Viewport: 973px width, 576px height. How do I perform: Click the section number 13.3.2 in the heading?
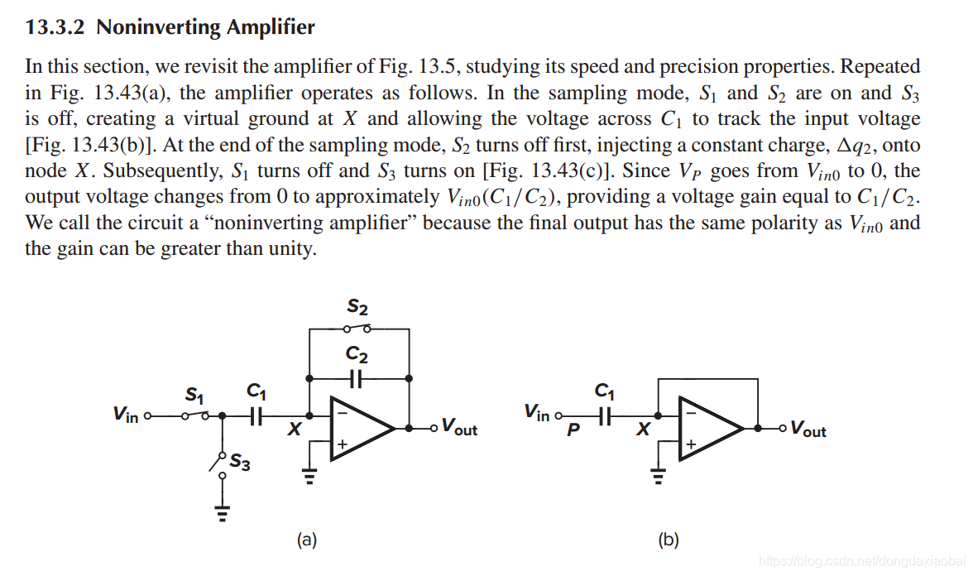tap(56, 27)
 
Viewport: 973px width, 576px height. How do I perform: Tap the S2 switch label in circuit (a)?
tap(357, 308)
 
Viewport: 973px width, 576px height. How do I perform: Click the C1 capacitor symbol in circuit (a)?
tap(256, 417)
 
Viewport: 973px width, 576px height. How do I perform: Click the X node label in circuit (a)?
tap(294, 430)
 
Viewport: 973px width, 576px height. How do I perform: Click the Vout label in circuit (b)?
tap(808, 429)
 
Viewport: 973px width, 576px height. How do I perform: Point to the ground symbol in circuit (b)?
tap(658, 478)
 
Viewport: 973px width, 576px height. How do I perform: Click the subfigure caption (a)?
tap(307, 540)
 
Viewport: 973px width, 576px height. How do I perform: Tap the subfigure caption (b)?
tap(668, 540)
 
